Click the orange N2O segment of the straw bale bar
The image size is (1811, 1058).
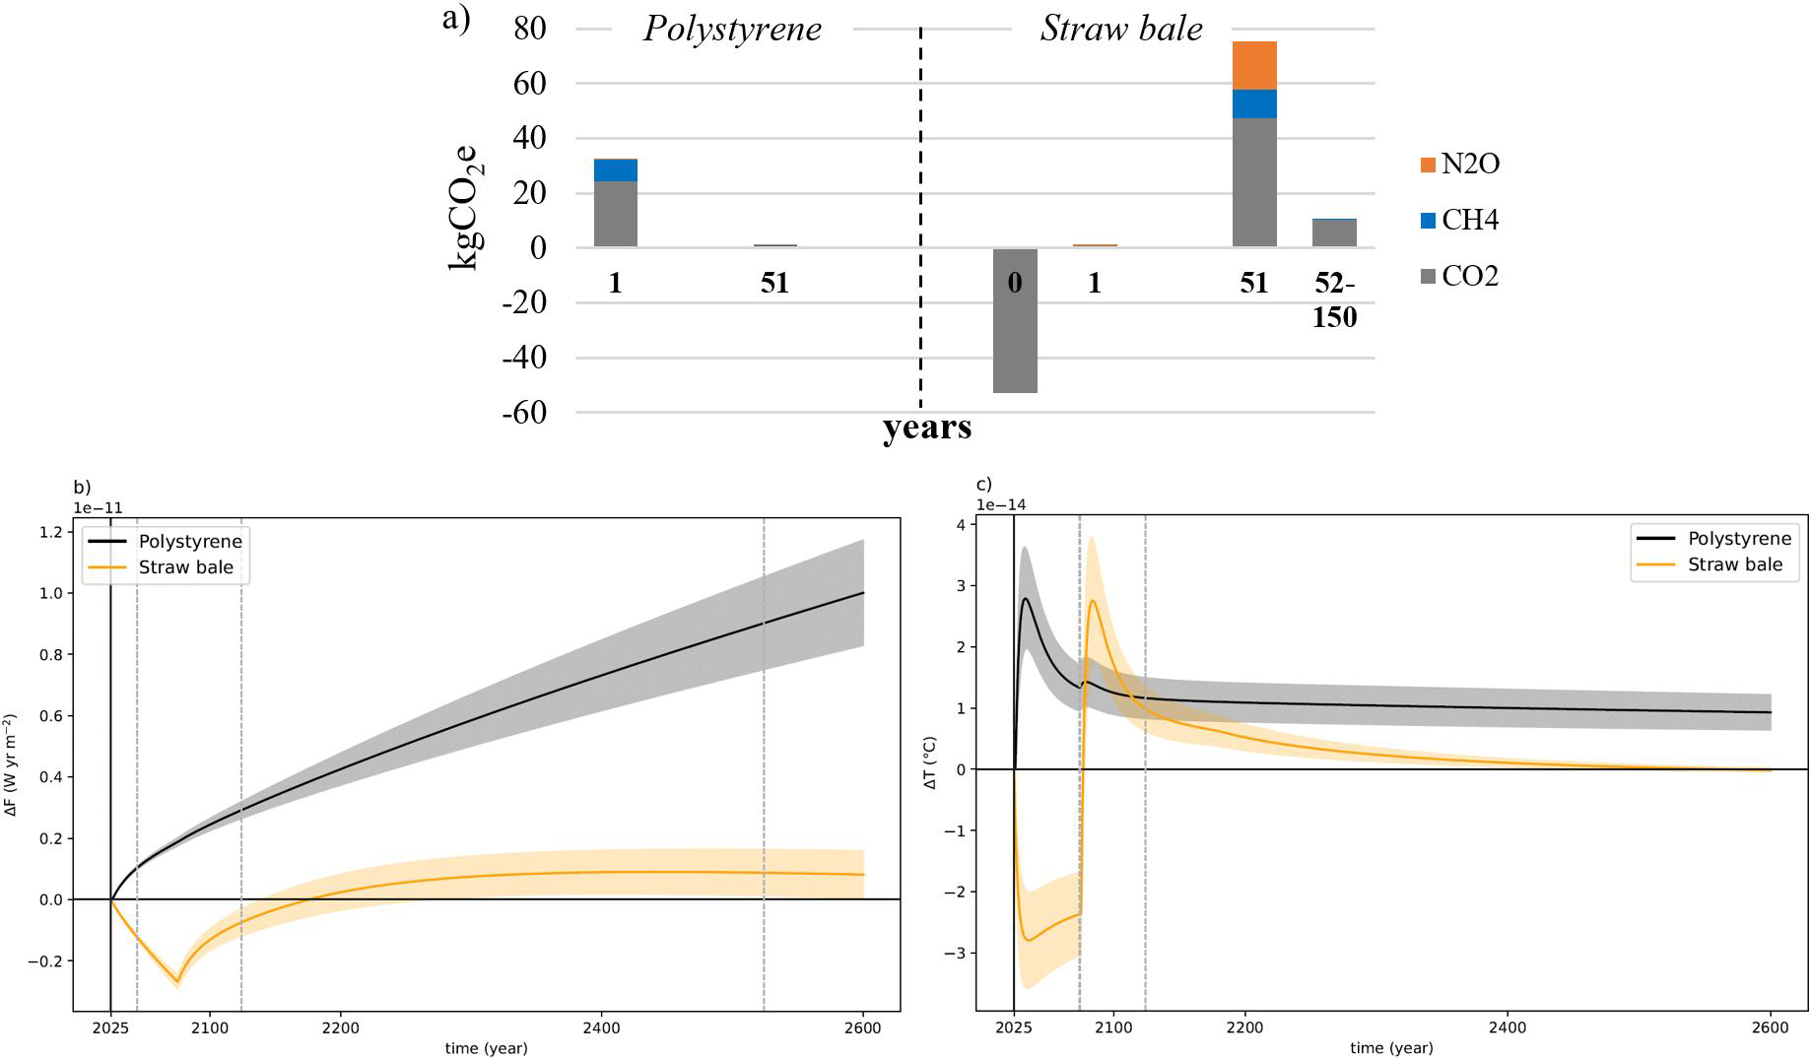(x=1253, y=65)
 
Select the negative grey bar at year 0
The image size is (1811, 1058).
(x=1015, y=320)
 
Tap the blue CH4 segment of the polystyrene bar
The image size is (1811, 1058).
(x=616, y=169)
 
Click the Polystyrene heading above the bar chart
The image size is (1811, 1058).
(x=732, y=29)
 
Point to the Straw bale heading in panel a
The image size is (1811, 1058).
(x=1121, y=29)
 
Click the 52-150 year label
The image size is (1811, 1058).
(x=1334, y=299)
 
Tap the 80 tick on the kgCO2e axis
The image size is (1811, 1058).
(x=529, y=28)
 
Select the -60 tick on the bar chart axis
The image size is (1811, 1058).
(x=524, y=413)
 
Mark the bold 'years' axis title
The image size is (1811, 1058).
(x=926, y=428)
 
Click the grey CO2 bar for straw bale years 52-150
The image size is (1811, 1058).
(x=1334, y=232)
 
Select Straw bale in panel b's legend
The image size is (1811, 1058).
(x=185, y=567)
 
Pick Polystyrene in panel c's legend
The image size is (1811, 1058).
(x=1738, y=539)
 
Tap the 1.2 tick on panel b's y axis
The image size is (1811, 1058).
(x=53, y=532)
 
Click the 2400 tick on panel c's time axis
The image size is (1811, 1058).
(x=1508, y=1027)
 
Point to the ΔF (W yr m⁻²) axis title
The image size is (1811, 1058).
(x=12, y=765)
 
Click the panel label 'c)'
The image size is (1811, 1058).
(x=983, y=484)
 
